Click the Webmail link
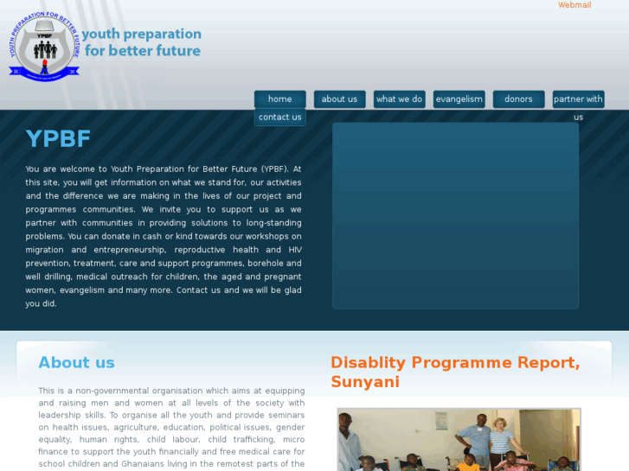[574, 5]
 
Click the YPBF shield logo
[44, 46]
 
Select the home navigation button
[279, 99]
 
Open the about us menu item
[339, 99]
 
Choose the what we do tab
[399, 99]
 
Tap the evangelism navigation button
[459, 99]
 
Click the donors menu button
[518, 99]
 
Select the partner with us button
[578, 99]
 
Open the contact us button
[279, 118]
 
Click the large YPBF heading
[58, 138]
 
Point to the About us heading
[76, 363]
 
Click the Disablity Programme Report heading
[455, 362]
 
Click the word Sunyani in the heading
[365, 381]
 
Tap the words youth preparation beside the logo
[142, 35]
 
